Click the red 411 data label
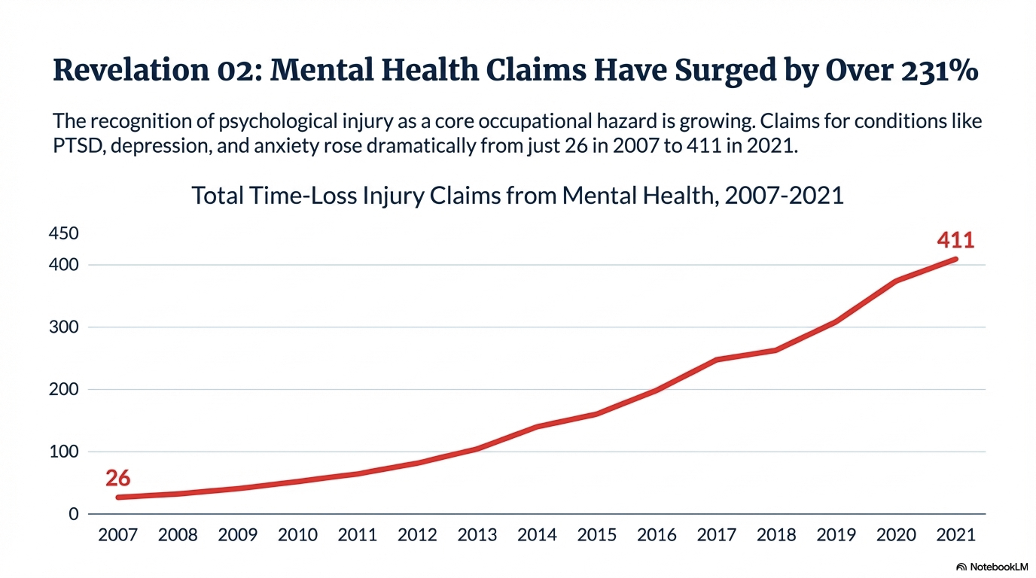(x=955, y=240)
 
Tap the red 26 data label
(x=117, y=478)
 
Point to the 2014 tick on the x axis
(x=538, y=535)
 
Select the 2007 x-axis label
(x=118, y=535)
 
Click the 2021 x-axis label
(x=956, y=535)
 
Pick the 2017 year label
(x=717, y=535)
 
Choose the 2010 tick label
(x=297, y=535)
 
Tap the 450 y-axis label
(x=63, y=234)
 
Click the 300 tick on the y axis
(x=63, y=327)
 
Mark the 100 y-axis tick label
(x=63, y=452)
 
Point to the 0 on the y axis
(x=73, y=515)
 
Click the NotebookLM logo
(x=992, y=566)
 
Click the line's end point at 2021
(x=955, y=260)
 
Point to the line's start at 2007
(x=119, y=497)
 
